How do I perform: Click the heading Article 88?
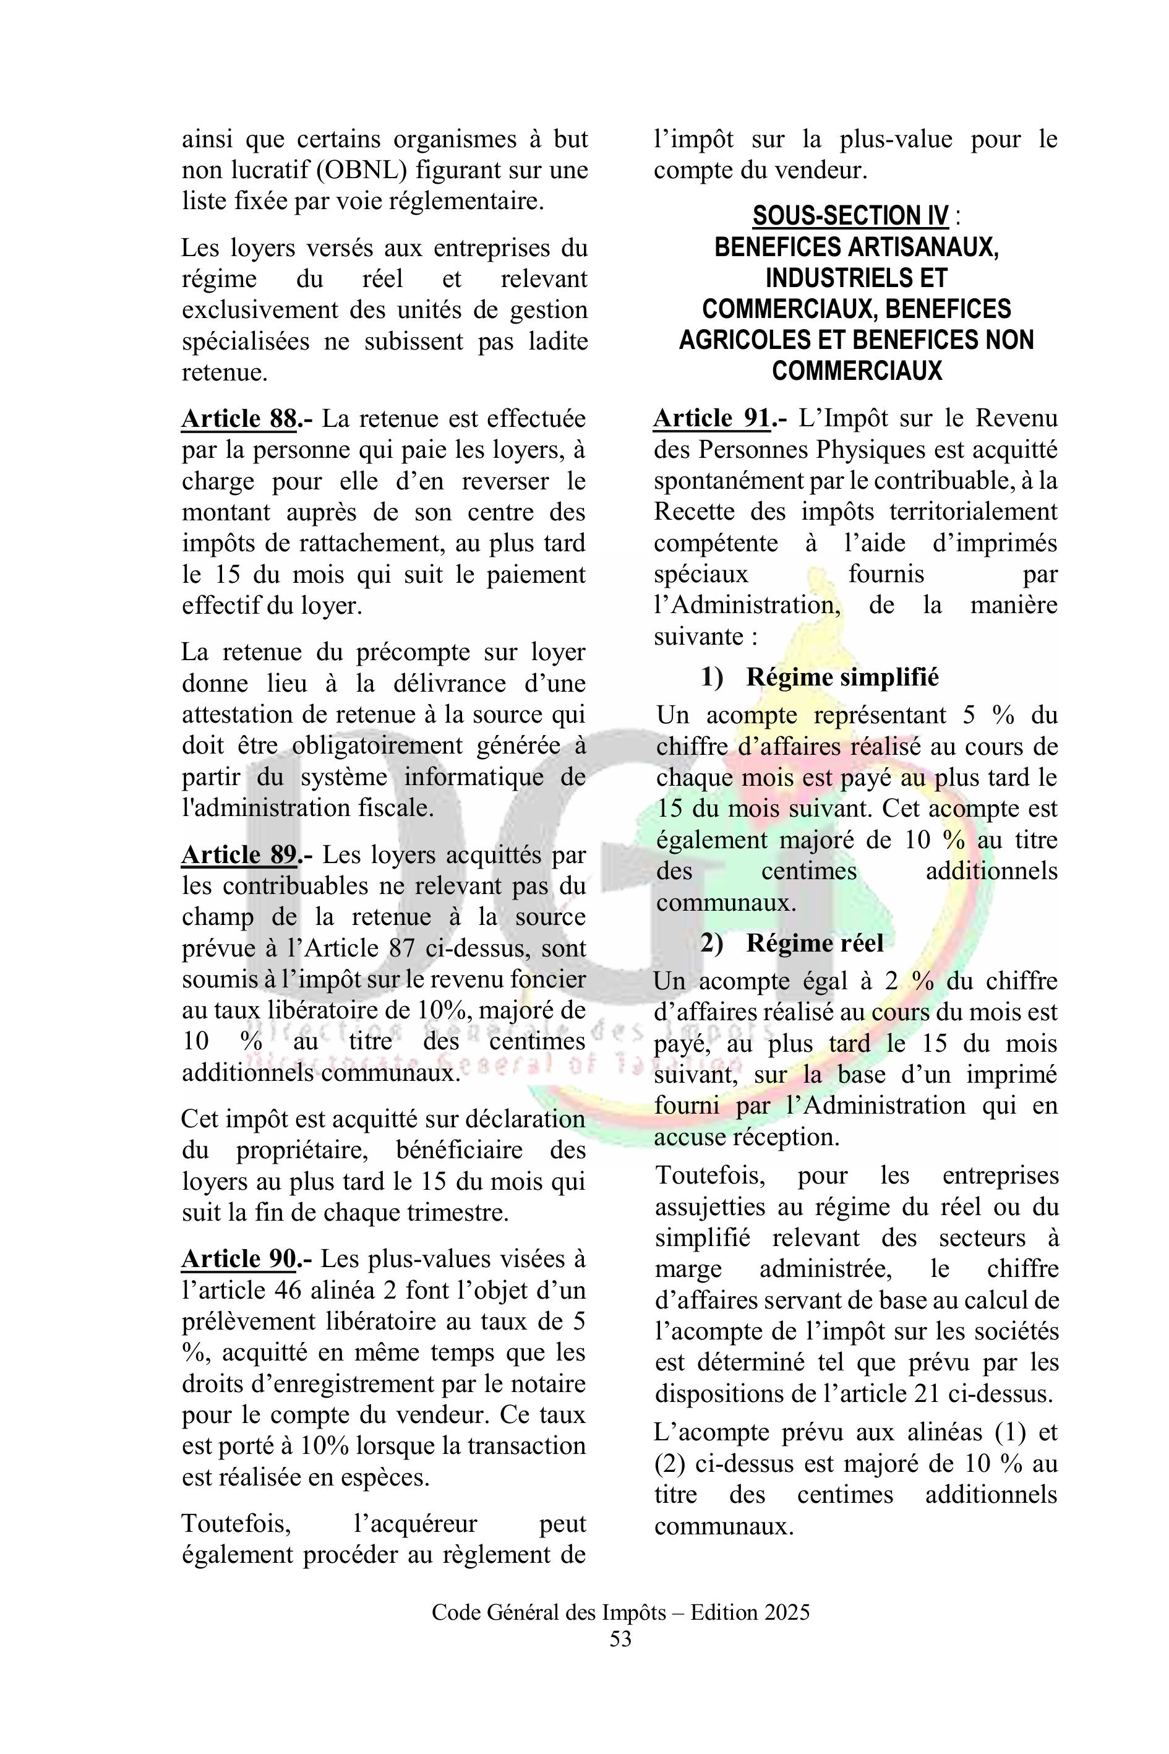[x=239, y=418]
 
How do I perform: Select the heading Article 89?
[x=239, y=854]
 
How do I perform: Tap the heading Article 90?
[x=239, y=1259]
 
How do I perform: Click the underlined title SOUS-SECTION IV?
[x=850, y=217]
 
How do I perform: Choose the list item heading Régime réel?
[x=814, y=944]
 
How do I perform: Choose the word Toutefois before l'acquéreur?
[x=236, y=1524]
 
